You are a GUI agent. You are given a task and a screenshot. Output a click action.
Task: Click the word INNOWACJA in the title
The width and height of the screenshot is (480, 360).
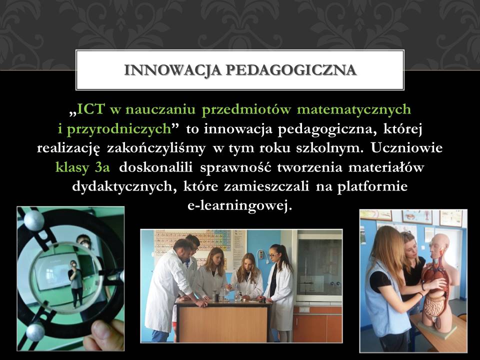click(x=172, y=70)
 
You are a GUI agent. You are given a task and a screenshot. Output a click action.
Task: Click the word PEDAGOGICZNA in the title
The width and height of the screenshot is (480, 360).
click(x=291, y=70)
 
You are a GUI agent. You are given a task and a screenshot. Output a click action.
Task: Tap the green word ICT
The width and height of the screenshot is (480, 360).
click(x=91, y=109)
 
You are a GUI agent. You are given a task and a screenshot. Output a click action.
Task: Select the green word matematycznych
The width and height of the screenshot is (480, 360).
click(x=354, y=109)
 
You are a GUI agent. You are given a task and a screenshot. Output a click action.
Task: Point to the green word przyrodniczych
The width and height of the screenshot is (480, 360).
click(x=118, y=129)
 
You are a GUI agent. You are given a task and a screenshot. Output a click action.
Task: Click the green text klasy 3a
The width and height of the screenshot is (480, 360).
click(x=82, y=168)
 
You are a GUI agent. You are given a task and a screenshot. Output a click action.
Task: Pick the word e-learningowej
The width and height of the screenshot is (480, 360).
click(x=239, y=205)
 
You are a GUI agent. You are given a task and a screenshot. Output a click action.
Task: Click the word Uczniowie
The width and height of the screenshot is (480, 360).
click(x=407, y=148)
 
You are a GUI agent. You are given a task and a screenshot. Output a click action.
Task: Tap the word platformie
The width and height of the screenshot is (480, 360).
click(x=372, y=186)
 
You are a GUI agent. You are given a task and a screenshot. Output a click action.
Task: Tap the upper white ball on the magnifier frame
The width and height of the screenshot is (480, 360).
click(x=33, y=220)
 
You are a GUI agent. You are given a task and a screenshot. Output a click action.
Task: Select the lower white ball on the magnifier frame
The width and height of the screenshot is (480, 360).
click(x=35, y=332)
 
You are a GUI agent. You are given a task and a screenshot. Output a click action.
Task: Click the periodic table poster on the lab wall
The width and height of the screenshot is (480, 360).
click(x=193, y=243)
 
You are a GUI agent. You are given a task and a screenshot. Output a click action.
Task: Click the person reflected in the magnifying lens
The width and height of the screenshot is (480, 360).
click(x=75, y=282)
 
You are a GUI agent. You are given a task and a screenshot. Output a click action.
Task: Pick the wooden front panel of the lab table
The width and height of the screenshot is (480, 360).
click(x=222, y=323)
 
